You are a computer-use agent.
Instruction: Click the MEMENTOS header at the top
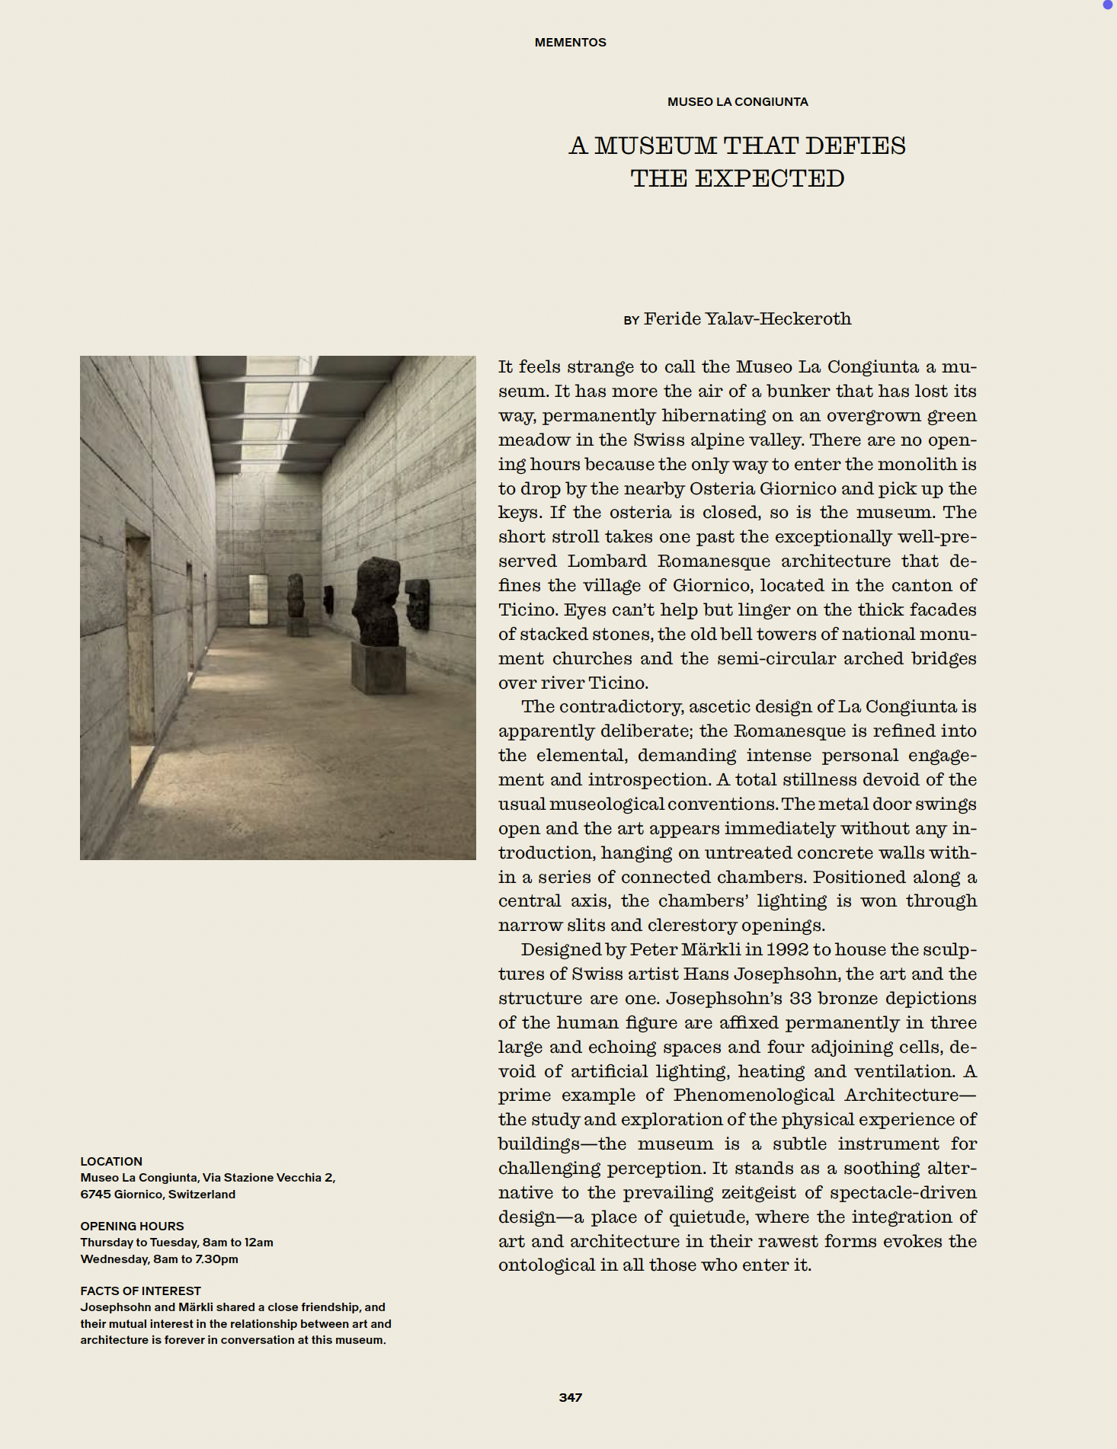coord(570,43)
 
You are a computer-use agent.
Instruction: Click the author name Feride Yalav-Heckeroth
coord(747,318)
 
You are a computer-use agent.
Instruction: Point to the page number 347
coord(570,1397)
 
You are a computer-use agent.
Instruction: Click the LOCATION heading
coord(111,1161)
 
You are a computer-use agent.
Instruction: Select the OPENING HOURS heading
coord(132,1226)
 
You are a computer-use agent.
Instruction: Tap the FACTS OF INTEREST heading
coord(140,1291)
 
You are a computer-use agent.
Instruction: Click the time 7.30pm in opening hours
coord(216,1259)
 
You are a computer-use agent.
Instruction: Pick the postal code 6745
coord(95,1194)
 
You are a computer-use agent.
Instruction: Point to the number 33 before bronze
coord(801,998)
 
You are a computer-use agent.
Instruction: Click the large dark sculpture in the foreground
coord(376,602)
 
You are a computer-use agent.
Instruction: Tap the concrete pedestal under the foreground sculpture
coord(378,667)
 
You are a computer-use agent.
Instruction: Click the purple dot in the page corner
coord(1108,5)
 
